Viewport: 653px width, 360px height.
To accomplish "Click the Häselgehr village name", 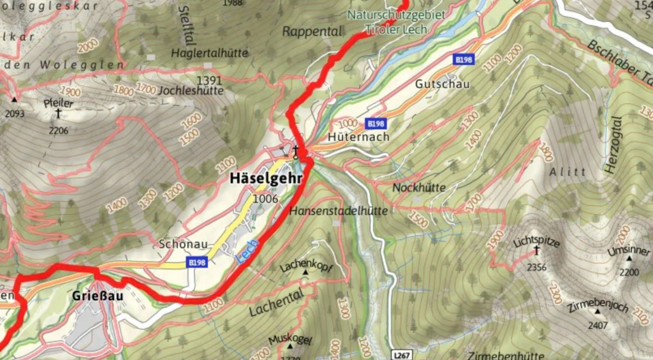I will click(x=266, y=178).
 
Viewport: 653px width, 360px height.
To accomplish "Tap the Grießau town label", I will click(x=98, y=296).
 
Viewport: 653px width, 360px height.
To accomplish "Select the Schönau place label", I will click(x=183, y=244).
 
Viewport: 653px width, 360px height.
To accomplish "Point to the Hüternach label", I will click(x=359, y=137).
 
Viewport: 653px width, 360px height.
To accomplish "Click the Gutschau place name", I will click(x=442, y=84).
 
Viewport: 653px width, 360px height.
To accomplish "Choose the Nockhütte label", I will click(x=419, y=187).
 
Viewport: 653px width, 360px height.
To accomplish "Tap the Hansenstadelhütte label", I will click(x=338, y=211).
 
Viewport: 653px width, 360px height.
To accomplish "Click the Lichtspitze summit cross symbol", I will click(x=537, y=250).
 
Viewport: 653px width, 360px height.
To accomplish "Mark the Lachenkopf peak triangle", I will click(x=305, y=273).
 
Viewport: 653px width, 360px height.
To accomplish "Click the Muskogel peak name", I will click(x=290, y=339).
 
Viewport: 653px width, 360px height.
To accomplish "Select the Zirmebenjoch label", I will click(x=598, y=306).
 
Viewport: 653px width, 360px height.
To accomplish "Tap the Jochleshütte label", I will click(x=191, y=91).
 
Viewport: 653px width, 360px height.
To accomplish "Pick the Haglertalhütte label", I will click(x=209, y=53).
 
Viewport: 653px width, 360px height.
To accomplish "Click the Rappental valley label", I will click(x=312, y=32).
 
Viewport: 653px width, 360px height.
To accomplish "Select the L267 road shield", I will click(x=402, y=355).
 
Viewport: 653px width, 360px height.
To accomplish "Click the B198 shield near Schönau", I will click(x=197, y=262).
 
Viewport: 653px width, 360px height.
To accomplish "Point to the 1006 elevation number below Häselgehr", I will click(x=265, y=198).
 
